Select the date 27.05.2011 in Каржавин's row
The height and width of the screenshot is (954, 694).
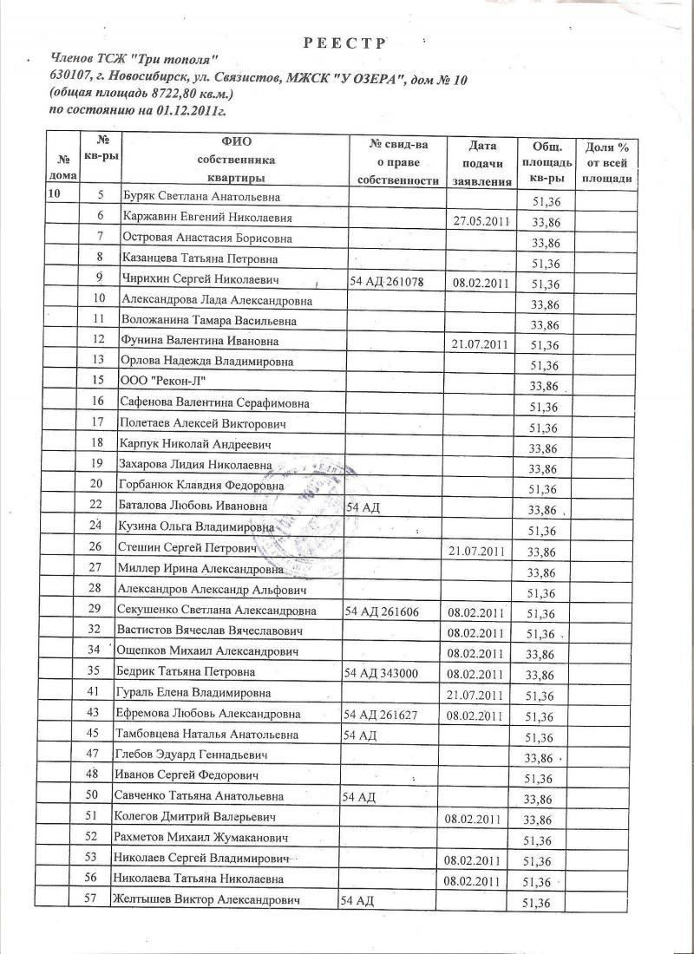coord(480,220)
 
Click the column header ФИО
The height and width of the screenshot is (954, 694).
coord(235,140)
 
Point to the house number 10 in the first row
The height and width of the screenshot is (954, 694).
coord(54,196)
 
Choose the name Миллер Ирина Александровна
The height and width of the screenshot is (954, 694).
coord(200,571)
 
